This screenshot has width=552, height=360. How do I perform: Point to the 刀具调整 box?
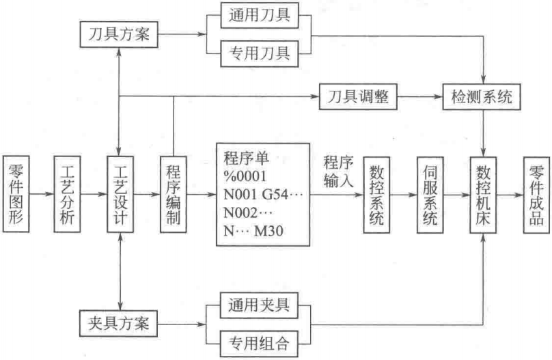pyautogui.click(x=355, y=97)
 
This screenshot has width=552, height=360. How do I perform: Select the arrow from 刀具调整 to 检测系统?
pyautogui.click(x=416, y=97)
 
